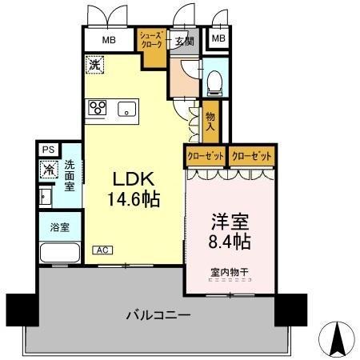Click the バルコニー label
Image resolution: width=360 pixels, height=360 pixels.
(158, 314)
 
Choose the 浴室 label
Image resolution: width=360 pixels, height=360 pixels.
(59, 226)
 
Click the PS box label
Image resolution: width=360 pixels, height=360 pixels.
(47, 150)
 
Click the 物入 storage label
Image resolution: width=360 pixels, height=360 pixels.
(210, 121)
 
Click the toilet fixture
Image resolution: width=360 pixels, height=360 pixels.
(214, 81)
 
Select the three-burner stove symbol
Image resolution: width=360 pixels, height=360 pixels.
(98, 107)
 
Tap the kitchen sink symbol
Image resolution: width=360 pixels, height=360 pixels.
(127, 108)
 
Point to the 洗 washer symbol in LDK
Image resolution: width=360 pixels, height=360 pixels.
(94, 63)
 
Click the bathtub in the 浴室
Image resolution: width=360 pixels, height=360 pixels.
(58, 254)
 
